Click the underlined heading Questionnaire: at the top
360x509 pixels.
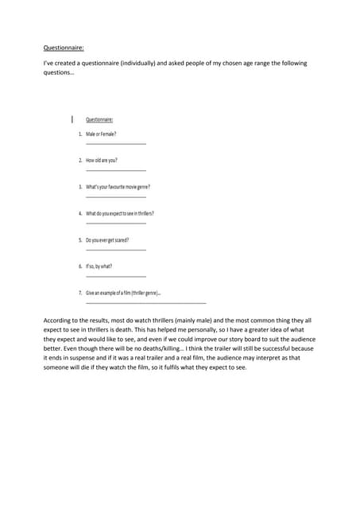coord(64,47)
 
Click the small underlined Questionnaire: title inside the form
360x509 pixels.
coord(99,119)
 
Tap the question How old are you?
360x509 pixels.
coord(102,160)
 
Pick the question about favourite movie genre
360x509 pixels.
coord(118,187)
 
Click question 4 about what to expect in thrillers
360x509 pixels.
coord(120,213)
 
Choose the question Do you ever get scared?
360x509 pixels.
coord(107,239)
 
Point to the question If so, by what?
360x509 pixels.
coord(99,266)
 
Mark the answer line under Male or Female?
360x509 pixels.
coord(115,143)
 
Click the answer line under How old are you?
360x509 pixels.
coord(115,169)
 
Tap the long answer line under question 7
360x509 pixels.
coord(145,302)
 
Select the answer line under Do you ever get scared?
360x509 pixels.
coord(115,249)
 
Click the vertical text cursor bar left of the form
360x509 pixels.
coord(72,119)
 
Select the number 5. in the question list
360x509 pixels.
coord(80,239)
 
